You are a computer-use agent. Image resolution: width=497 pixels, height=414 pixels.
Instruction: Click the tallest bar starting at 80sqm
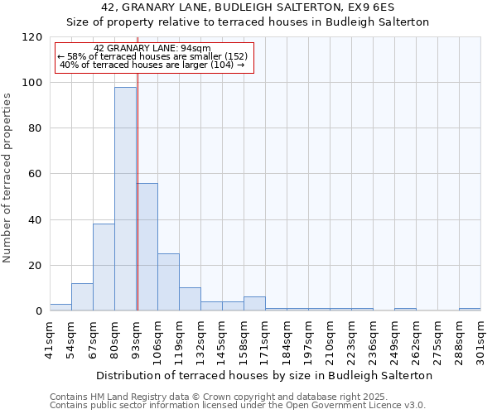tap(125, 199)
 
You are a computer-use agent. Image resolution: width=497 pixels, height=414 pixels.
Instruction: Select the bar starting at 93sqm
tap(147, 247)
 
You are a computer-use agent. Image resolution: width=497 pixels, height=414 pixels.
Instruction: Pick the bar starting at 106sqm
tap(168, 282)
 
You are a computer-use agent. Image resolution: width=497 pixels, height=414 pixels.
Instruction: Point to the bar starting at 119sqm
tap(190, 299)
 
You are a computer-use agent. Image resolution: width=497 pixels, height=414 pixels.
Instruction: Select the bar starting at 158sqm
tap(254, 303)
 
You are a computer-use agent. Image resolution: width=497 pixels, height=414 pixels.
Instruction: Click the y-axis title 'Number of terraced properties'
tap(8, 177)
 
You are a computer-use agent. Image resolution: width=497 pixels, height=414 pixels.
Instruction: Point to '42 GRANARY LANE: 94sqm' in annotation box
tap(152, 48)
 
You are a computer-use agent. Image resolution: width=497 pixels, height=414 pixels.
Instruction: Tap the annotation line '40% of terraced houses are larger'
tap(152, 65)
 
